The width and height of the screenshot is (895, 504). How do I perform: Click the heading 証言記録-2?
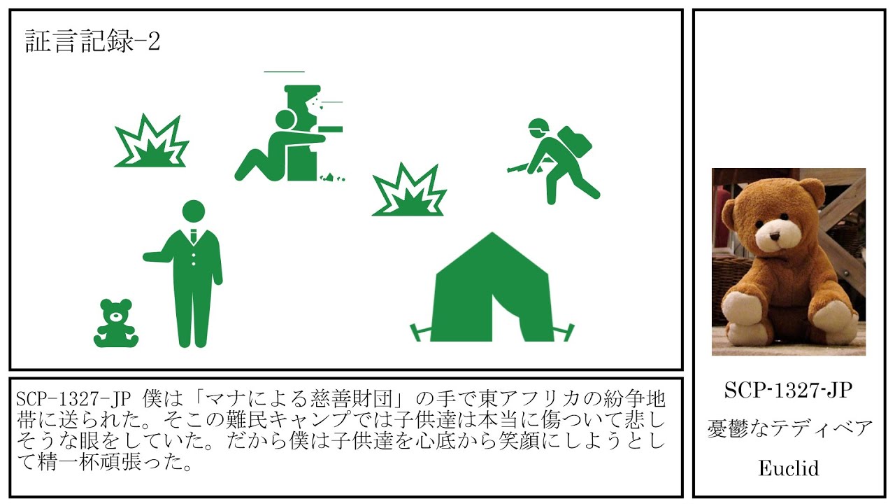pyautogui.click(x=92, y=41)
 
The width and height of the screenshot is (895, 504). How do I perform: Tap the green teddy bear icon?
pyautogui.click(x=116, y=323)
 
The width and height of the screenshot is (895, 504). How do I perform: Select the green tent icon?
pyautogui.click(x=492, y=287)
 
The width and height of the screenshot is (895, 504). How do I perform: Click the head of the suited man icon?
pyautogui.click(x=194, y=211)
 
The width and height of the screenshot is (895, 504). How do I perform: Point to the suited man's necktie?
pyautogui.click(x=194, y=237)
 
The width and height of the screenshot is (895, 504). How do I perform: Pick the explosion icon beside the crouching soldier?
pyautogui.click(x=152, y=141)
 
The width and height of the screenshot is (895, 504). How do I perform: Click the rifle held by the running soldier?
pyautogui.click(x=518, y=167)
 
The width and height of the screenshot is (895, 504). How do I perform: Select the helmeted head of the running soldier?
pyautogui.click(x=538, y=129)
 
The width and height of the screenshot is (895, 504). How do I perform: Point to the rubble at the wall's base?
pyautogui.click(x=332, y=177)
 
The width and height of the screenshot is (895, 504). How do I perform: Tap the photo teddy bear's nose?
pyautogui.click(x=775, y=236)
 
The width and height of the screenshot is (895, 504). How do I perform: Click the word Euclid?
pyautogui.click(x=788, y=468)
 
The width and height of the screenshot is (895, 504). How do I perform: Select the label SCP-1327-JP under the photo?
pyautogui.click(x=788, y=391)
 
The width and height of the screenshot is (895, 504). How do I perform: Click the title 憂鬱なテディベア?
pyautogui.click(x=789, y=429)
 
